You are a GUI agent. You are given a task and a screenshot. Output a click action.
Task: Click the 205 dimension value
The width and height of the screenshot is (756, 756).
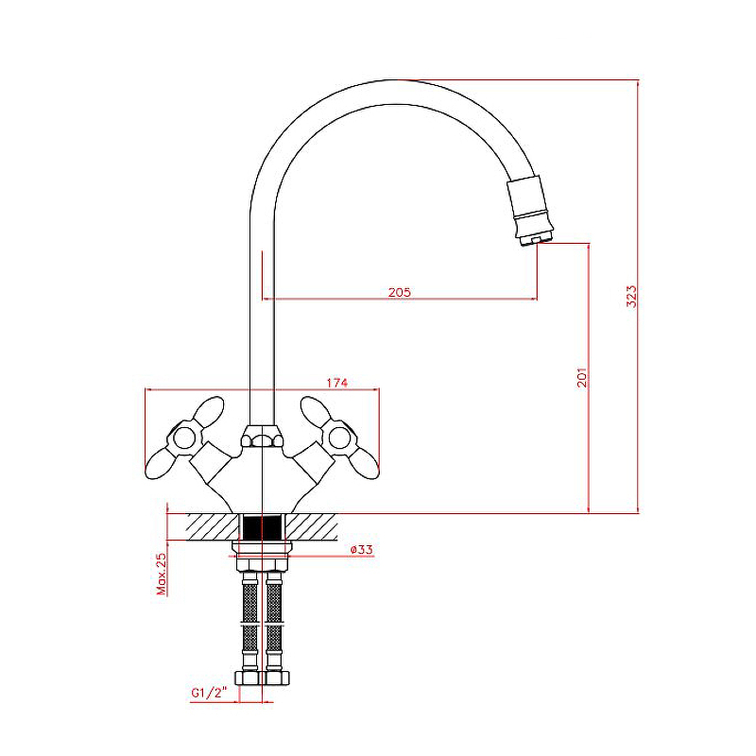tap(399, 292)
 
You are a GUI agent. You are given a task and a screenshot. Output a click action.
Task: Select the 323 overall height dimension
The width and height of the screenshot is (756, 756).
tap(631, 296)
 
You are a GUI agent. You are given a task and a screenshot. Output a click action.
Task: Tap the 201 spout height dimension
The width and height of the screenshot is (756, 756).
tap(582, 377)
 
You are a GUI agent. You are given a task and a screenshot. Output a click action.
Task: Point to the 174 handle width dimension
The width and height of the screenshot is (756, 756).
tap(336, 383)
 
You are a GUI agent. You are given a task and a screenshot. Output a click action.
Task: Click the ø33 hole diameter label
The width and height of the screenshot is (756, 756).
tap(361, 549)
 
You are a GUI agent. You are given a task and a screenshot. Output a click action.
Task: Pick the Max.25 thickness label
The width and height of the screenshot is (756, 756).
tap(161, 574)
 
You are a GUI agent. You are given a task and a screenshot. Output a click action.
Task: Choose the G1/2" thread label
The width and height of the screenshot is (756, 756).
tap(208, 693)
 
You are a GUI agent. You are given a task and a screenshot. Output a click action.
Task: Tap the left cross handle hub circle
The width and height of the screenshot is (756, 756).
tap(184, 438)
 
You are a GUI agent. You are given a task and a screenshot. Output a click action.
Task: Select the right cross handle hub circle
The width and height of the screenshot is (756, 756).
tap(339, 438)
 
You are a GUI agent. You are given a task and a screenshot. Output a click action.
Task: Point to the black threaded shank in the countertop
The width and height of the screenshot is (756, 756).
tap(262, 527)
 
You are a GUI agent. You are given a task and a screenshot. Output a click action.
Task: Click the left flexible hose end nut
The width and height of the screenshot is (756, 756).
tap(249, 678)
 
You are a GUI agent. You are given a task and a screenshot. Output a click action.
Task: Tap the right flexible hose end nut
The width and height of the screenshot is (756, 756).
tap(276, 678)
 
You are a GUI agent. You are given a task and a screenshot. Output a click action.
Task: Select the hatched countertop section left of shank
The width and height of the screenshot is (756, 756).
tap(213, 527)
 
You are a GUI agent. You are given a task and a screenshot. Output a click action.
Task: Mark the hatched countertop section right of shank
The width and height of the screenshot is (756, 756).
tap(312, 527)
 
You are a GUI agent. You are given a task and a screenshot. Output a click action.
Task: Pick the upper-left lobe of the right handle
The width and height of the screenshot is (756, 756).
tap(316, 412)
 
